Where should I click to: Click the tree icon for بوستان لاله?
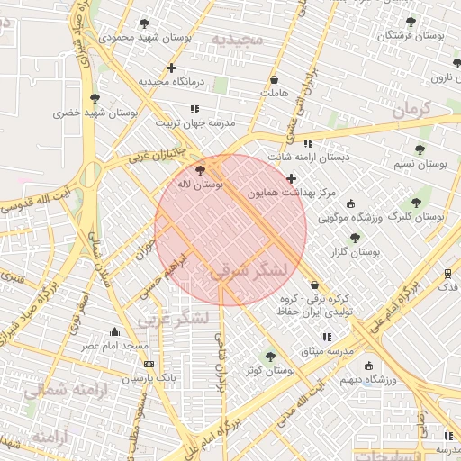(x=200, y=169)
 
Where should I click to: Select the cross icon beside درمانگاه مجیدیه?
(x=171, y=68)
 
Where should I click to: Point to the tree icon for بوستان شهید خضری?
(x=95, y=98)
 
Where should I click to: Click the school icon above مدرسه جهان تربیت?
(x=195, y=109)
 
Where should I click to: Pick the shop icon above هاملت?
(x=273, y=79)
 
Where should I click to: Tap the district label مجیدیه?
(x=237, y=39)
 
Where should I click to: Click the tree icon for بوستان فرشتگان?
(x=411, y=22)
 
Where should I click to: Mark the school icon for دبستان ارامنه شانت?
(x=308, y=143)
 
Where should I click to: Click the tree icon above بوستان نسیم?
(x=420, y=149)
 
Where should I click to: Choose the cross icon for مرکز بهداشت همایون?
(x=291, y=178)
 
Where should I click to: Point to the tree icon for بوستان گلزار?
(x=355, y=238)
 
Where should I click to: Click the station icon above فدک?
(x=447, y=273)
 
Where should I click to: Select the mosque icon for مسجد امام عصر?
(x=114, y=331)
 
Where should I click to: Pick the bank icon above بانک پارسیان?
(x=149, y=364)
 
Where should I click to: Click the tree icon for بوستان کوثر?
(x=270, y=357)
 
